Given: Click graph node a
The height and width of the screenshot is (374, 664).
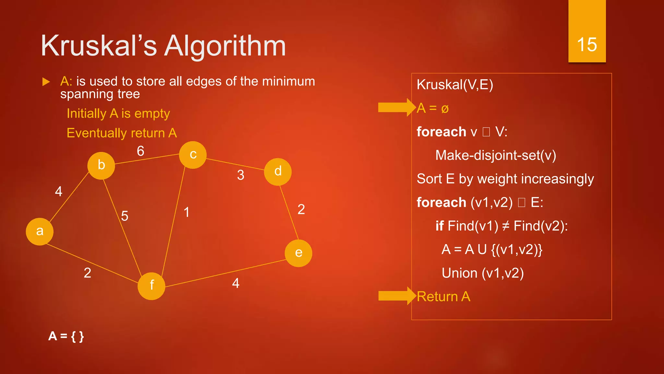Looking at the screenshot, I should [40, 231].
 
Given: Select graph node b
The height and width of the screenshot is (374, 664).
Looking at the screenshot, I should [101, 166].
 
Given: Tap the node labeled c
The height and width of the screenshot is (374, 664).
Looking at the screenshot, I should [193, 155].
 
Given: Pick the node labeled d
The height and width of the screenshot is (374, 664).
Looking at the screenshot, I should [278, 172].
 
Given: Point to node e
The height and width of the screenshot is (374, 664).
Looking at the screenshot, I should [298, 253].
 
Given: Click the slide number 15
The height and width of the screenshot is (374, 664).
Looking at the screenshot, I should [587, 44].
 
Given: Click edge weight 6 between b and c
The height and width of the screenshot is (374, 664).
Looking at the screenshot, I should [140, 151].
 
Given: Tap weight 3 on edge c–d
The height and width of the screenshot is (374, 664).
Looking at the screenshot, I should [241, 175].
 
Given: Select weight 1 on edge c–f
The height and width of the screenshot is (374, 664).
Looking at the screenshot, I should [187, 212].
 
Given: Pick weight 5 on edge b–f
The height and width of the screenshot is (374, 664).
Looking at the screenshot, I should [124, 216].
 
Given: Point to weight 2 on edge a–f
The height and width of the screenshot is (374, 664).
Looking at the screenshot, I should [87, 273].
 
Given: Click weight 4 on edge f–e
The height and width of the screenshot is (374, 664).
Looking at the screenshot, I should [236, 283].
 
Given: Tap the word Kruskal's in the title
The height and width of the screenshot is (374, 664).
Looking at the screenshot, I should [99, 46].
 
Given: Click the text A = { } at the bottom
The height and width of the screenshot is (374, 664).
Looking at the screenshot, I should [66, 336].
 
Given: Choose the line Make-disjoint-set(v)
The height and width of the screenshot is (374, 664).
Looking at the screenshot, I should [495, 156].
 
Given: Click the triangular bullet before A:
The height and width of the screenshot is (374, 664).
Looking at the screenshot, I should [46, 82].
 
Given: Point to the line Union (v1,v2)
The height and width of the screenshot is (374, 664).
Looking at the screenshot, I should [482, 273].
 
